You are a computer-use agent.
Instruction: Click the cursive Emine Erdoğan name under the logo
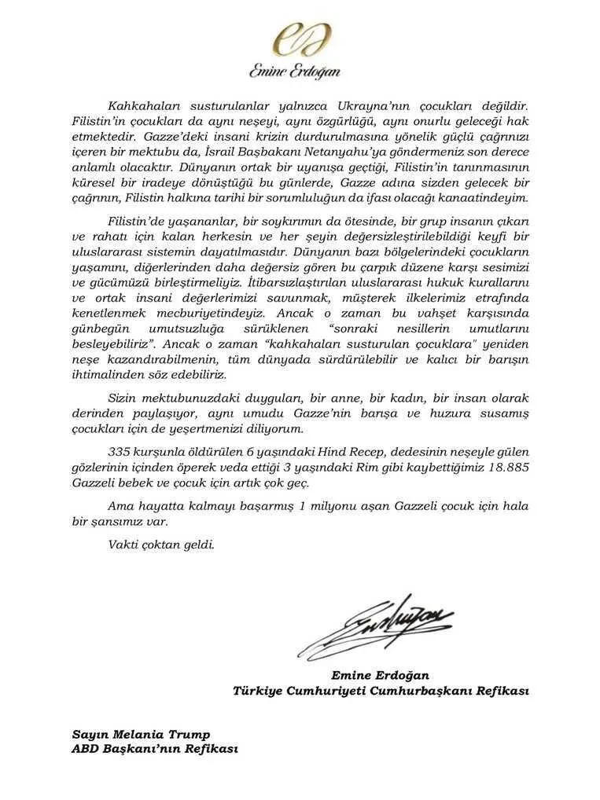(x=295, y=72)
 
